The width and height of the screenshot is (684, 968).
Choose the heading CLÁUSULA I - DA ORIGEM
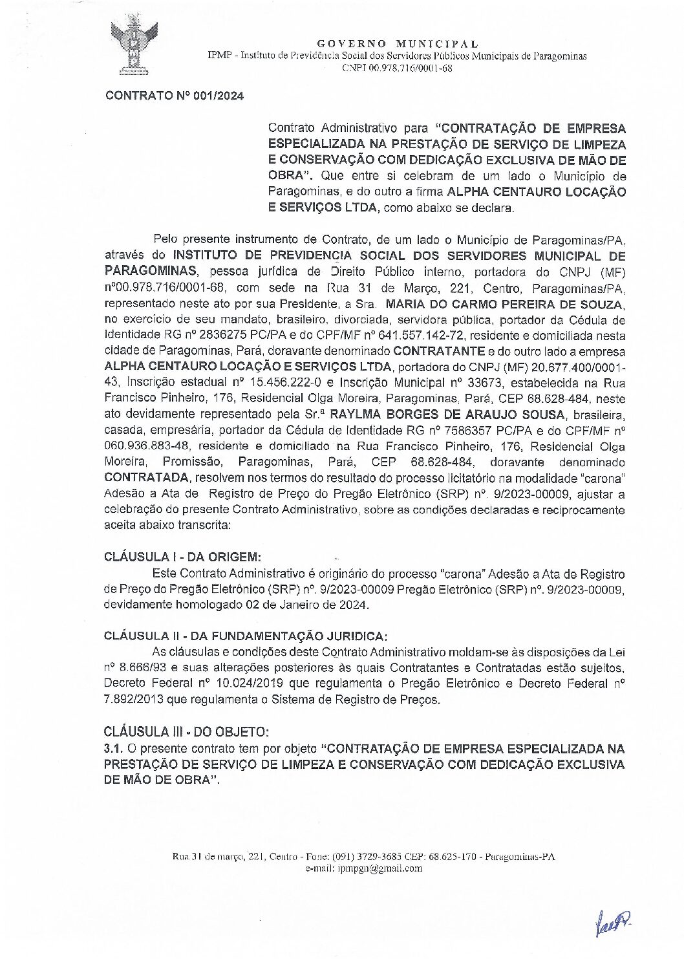(183, 557)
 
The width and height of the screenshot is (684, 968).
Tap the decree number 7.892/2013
(135, 699)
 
